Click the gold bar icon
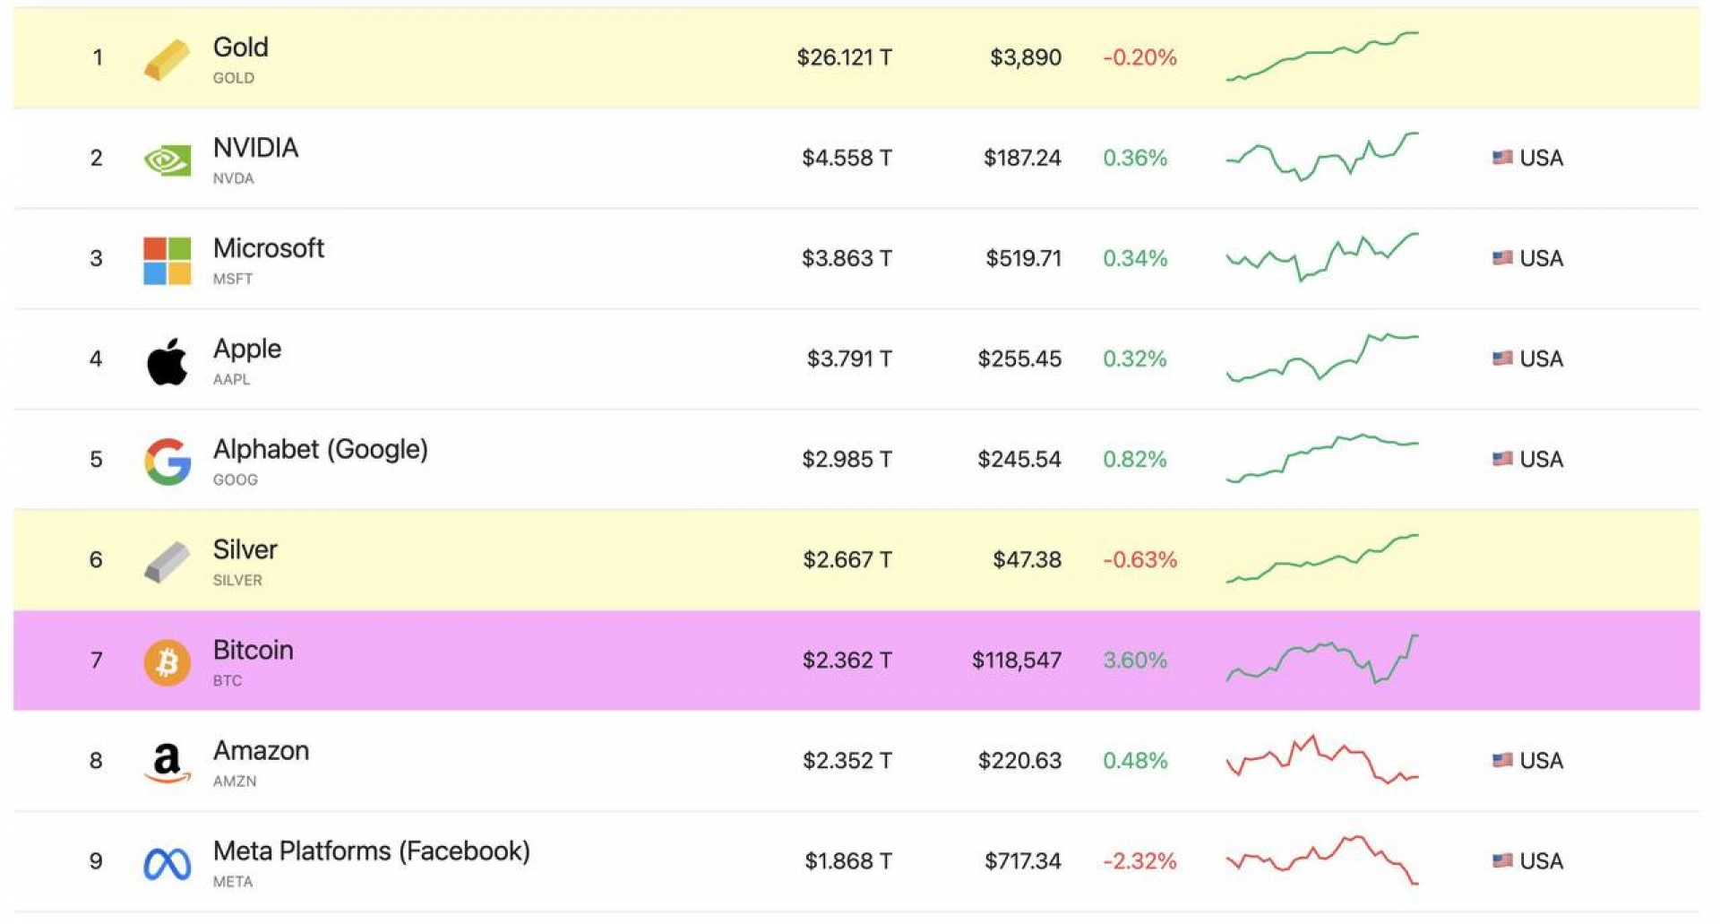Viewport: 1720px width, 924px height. click(x=168, y=59)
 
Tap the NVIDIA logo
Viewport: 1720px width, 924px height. click(x=168, y=160)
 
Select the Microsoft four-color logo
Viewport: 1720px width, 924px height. click(x=168, y=261)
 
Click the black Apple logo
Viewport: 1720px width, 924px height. click(x=168, y=361)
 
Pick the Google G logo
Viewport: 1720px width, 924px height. click(x=168, y=462)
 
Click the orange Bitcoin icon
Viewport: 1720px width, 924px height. click(x=168, y=662)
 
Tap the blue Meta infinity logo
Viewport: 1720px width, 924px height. click(x=168, y=864)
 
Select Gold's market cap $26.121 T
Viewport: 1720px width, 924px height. click(x=844, y=58)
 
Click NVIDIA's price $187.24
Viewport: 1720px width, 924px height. click(x=1022, y=159)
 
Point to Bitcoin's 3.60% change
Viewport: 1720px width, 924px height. click(x=1135, y=661)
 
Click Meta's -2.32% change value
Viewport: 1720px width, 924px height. click(x=1139, y=861)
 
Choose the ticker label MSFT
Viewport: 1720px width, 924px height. click(x=233, y=280)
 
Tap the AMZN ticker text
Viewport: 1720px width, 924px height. click(x=235, y=782)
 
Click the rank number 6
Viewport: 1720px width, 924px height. click(x=96, y=560)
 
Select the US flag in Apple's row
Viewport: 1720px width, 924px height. click(x=1502, y=358)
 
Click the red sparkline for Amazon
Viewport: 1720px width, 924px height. click(x=1322, y=760)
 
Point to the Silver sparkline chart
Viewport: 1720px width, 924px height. click(x=1322, y=559)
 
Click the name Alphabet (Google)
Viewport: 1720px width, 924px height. click(x=321, y=449)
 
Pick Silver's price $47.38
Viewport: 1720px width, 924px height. click(x=1027, y=560)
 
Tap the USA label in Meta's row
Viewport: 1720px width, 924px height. click(x=1541, y=861)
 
